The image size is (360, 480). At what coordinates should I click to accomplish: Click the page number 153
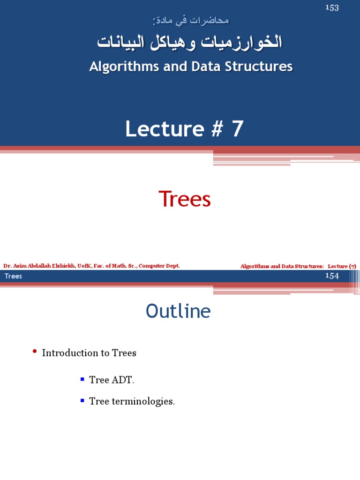332,7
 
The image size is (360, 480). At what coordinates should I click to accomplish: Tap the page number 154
332,276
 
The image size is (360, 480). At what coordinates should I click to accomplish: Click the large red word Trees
185,199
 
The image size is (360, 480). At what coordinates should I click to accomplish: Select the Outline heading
178,311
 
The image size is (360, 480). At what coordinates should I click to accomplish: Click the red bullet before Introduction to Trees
35,352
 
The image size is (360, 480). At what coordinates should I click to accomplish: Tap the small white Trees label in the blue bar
13,276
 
